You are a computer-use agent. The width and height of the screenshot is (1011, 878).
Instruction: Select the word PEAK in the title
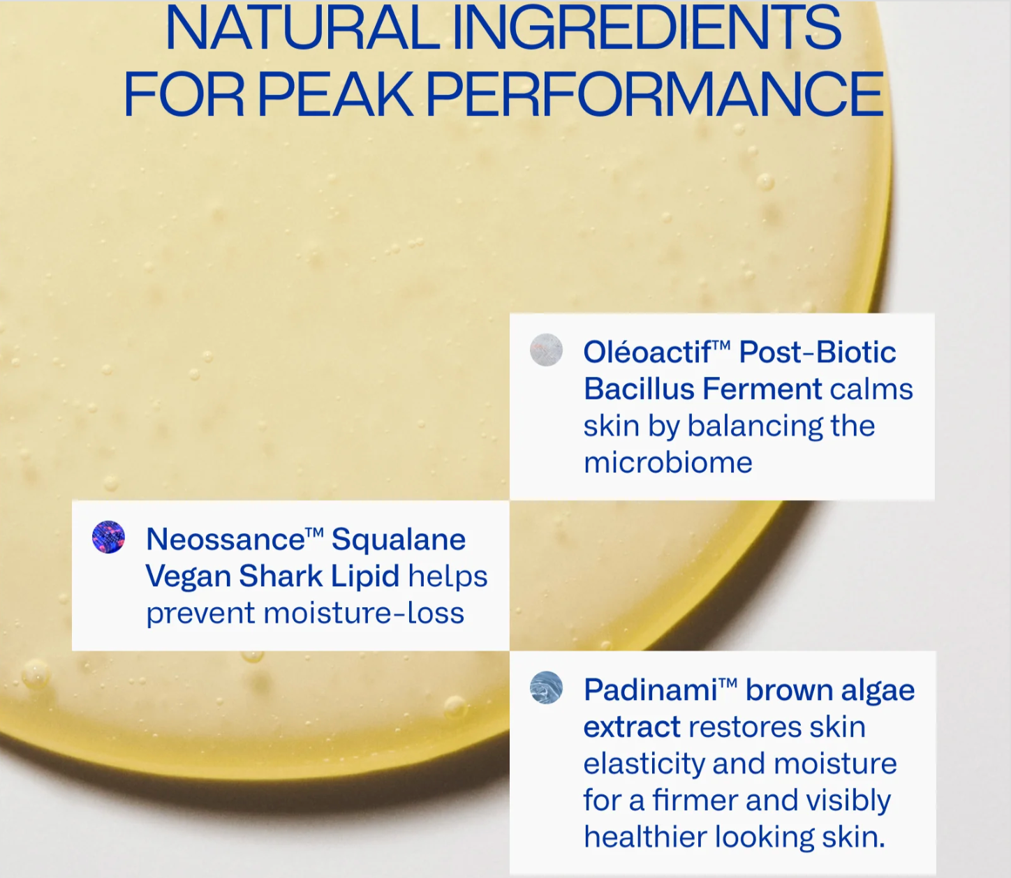pyautogui.click(x=336, y=94)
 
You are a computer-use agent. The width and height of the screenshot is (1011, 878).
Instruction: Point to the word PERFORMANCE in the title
pyautogui.click(x=655, y=94)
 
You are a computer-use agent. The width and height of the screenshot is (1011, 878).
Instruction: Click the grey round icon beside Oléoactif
pyautogui.click(x=546, y=350)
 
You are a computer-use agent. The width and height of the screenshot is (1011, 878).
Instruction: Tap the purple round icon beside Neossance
pyautogui.click(x=108, y=537)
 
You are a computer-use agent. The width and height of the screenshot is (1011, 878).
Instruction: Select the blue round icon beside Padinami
pyautogui.click(x=546, y=687)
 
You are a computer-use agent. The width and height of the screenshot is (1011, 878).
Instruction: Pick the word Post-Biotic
pyautogui.click(x=818, y=352)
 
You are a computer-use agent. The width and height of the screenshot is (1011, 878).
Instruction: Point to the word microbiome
pyautogui.click(x=668, y=463)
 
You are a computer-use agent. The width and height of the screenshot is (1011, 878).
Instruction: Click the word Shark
pyautogui.click(x=281, y=576)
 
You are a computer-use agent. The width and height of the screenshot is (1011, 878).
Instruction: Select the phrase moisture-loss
pyautogui.click(x=364, y=613)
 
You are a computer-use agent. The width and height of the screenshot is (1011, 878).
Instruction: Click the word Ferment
pyautogui.click(x=762, y=389)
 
